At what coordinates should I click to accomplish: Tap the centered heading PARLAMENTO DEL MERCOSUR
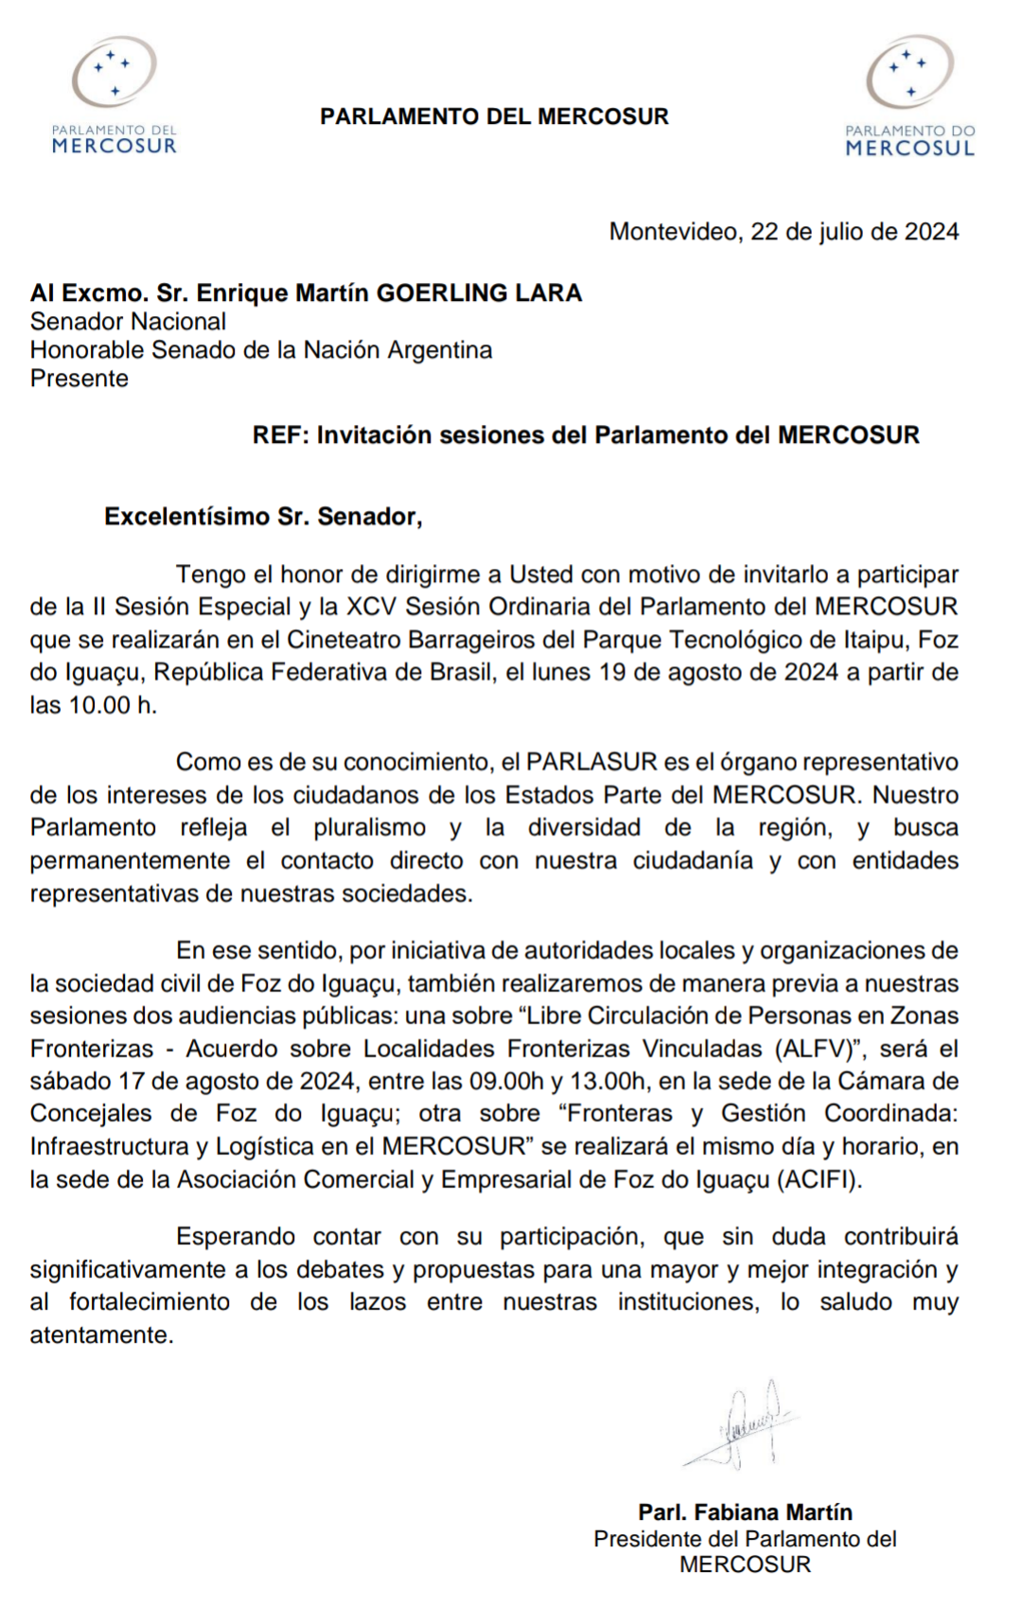(494, 116)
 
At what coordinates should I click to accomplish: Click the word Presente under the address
(79, 379)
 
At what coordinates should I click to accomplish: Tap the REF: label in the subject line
(280, 435)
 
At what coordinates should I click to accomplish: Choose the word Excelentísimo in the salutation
(186, 517)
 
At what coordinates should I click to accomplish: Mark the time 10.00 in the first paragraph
(99, 705)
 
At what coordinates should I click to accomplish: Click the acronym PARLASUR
(591, 762)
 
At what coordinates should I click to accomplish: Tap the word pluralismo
(370, 827)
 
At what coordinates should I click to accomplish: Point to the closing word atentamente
(100, 1335)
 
